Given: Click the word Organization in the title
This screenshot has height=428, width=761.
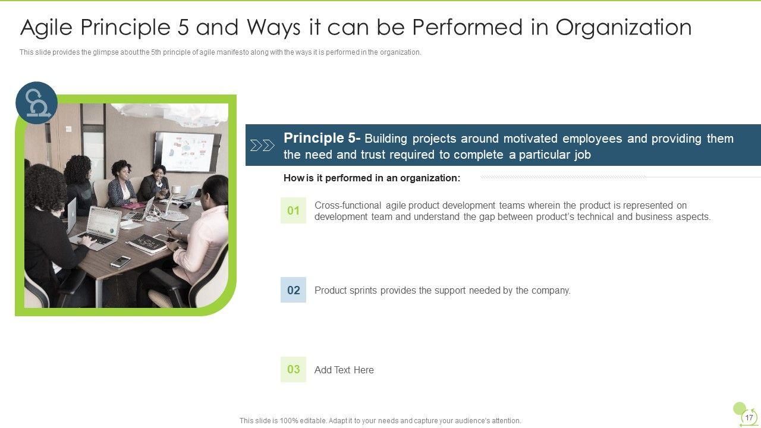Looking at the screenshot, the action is point(624,28).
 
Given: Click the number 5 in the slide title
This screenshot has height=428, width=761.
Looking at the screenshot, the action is point(183,27).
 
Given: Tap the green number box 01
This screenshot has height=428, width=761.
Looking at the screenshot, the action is point(293,210).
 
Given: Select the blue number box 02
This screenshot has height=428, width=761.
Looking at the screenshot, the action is point(293,289).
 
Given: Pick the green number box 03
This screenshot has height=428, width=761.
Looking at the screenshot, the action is point(293,369).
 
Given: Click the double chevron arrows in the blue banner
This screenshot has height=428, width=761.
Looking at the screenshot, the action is point(262,146).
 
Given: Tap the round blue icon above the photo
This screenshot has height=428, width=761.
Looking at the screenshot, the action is point(37,102).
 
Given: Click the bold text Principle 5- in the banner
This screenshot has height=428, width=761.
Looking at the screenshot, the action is point(322,138).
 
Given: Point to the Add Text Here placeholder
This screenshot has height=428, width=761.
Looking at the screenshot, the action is point(344,370).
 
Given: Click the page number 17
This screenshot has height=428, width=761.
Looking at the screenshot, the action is point(749,417).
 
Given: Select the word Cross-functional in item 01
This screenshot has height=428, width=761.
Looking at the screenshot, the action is point(348,206).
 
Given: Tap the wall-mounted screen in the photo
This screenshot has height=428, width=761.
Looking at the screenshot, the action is point(187,152).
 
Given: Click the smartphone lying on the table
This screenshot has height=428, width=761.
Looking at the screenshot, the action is point(120,262).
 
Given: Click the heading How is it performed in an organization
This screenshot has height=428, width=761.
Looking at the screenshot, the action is point(372,178).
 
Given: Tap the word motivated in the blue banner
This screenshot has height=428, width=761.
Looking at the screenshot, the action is point(530,139).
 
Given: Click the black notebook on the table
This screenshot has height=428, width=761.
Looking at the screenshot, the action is point(149,244).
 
